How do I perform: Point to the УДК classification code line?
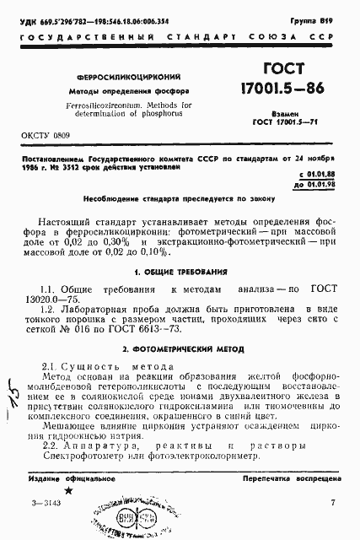pos(105,17)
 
